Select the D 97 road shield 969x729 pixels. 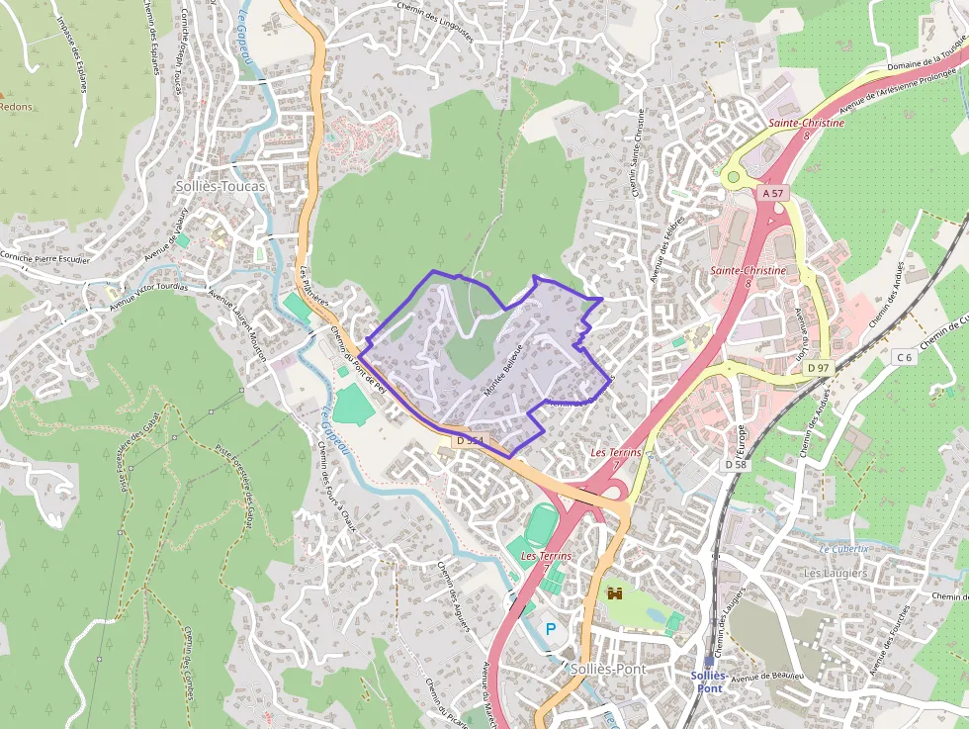tap(817, 368)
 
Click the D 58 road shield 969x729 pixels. tap(736, 464)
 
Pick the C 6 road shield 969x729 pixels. tap(904, 356)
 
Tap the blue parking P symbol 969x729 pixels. tap(551, 628)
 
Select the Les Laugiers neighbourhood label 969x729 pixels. tap(835, 573)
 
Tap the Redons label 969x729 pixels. tap(16, 107)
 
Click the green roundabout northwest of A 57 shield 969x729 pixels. tap(733, 177)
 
